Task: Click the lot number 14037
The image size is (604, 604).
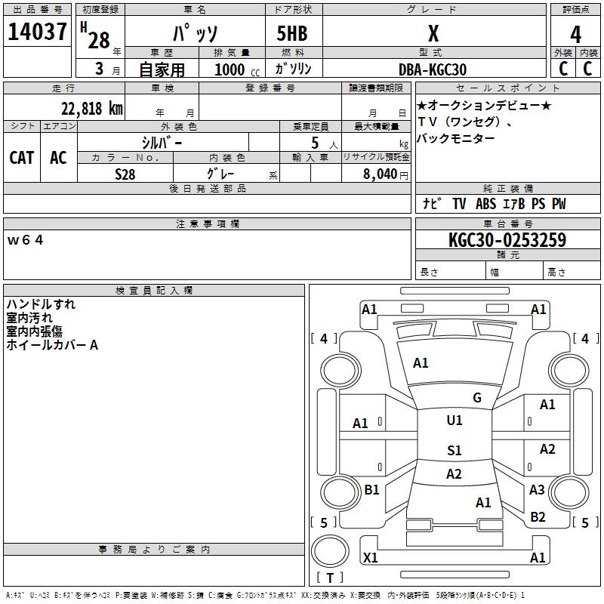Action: tap(37, 32)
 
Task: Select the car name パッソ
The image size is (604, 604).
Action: tap(195, 34)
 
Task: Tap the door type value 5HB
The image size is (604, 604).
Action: tap(292, 34)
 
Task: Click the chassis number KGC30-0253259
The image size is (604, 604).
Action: tap(507, 240)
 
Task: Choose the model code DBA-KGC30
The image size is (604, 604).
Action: tap(433, 69)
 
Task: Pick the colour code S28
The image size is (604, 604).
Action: tap(125, 173)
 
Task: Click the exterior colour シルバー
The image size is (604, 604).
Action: tap(162, 142)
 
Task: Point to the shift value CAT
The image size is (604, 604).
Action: tap(22, 157)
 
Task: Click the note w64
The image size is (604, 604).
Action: tap(26, 240)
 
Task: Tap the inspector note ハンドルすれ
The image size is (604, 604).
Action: tap(41, 304)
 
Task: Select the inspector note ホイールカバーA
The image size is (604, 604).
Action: tap(52, 345)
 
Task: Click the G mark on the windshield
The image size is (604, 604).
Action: tap(477, 398)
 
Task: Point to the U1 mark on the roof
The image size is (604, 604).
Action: tap(455, 421)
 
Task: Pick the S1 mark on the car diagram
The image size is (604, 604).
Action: tap(454, 451)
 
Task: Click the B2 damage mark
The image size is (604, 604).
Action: tap(538, 517)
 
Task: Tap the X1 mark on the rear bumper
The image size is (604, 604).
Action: tap(371, 558)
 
